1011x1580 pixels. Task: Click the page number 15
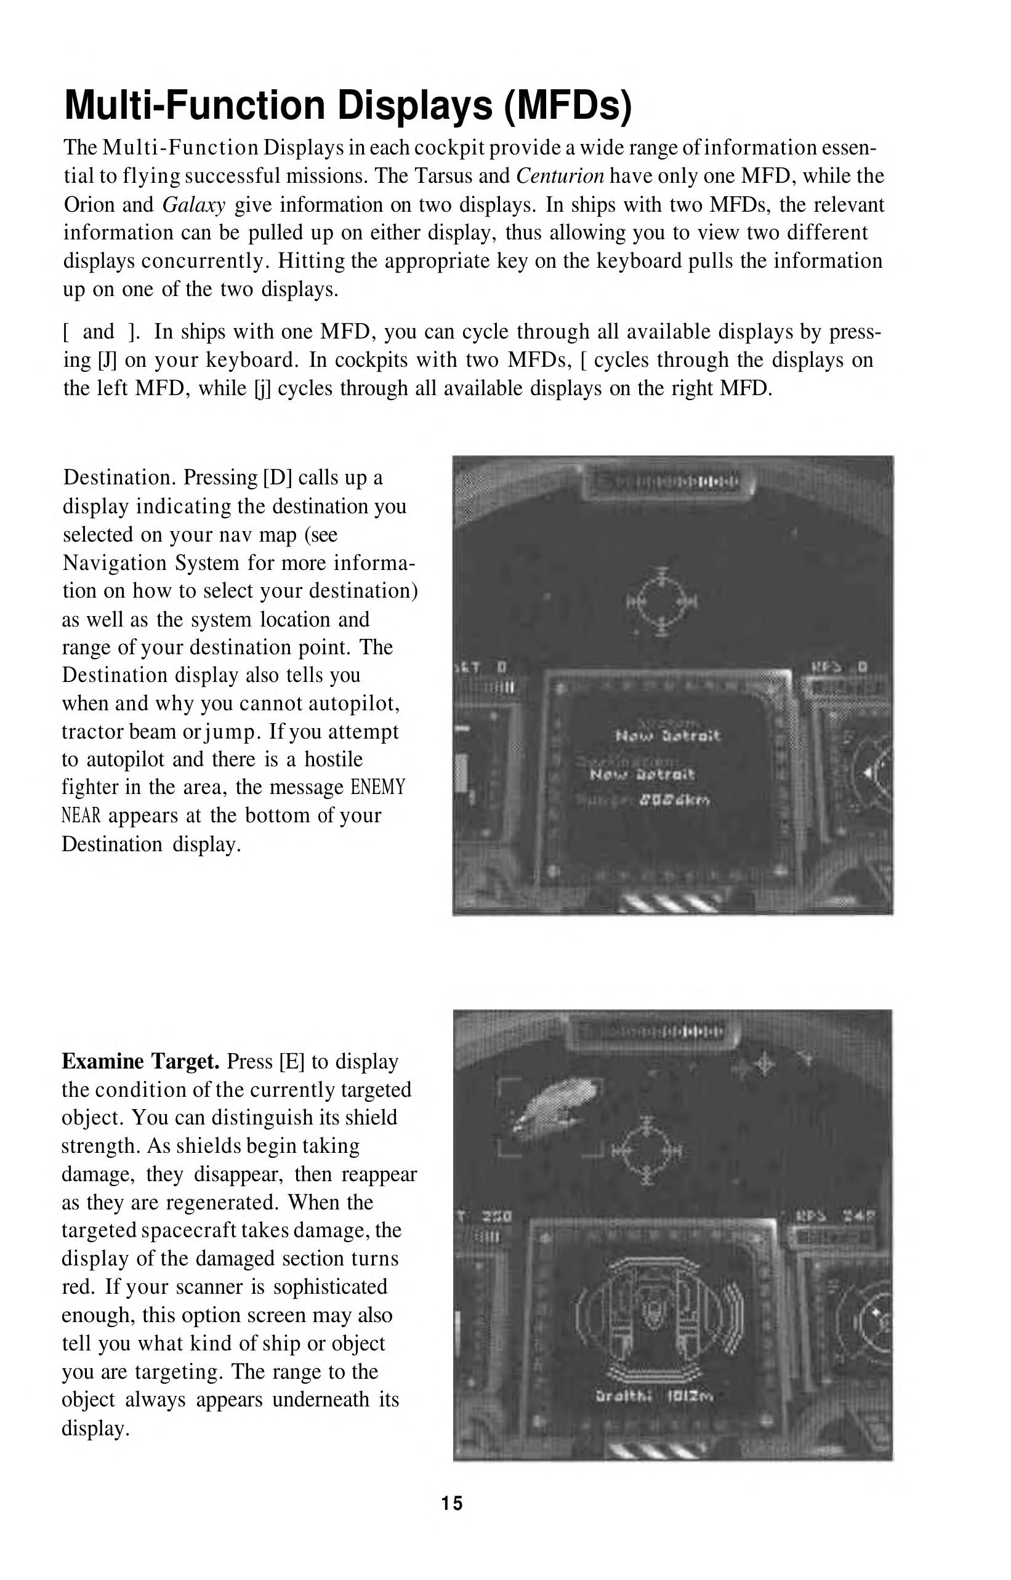click(x=452, y=1503)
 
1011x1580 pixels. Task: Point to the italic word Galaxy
click(x=194, y=205)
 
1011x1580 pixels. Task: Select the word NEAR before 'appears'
click(x=81, y=816)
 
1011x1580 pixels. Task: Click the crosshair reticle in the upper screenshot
click(x=662, y=600)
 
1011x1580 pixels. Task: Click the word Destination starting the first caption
click(x=119, y=477)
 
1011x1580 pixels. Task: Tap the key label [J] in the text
click(x=107, y=360)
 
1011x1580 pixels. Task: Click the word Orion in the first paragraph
click(x=89, y=205)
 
